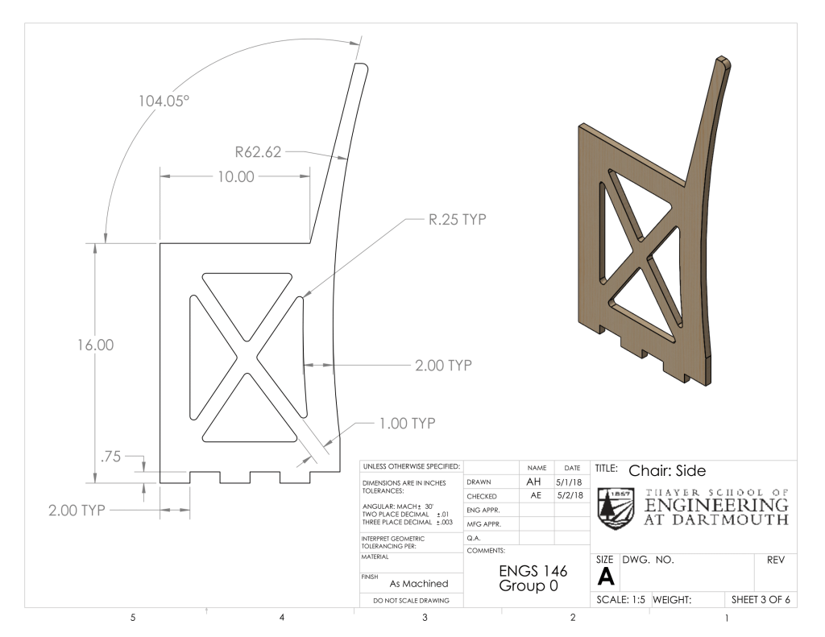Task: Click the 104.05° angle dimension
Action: pos(164,101)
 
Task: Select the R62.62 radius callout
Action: pos(258,152)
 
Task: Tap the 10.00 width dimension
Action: pos(236,176)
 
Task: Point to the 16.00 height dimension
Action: pos(95,345)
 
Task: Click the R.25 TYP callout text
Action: pos(458,219)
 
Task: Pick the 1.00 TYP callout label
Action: pos(407,424)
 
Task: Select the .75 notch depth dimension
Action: pos(110,457)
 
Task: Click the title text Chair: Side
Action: pos(667,471)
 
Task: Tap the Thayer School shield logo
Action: pos(616,508)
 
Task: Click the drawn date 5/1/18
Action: pos(570,482)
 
